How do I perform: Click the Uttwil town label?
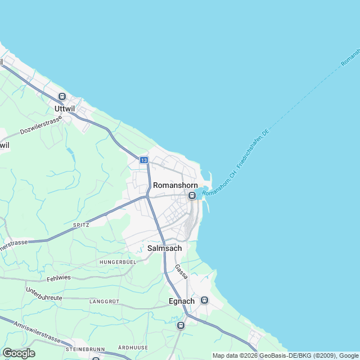(65, 108)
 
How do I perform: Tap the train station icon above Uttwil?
(62, 96)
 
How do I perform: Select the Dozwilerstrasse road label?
(41, 125)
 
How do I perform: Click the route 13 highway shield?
(144, 160)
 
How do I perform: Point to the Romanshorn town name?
(175, 185)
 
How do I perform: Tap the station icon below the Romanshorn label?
(192, 196)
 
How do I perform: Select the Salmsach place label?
(164, 248)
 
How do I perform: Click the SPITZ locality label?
(81, 224)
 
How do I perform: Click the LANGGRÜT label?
(104, 301)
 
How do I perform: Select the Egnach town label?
(182, 301)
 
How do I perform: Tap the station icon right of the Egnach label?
(204, 300)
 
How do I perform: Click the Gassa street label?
(181, 272)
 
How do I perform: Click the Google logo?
(19, 353)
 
